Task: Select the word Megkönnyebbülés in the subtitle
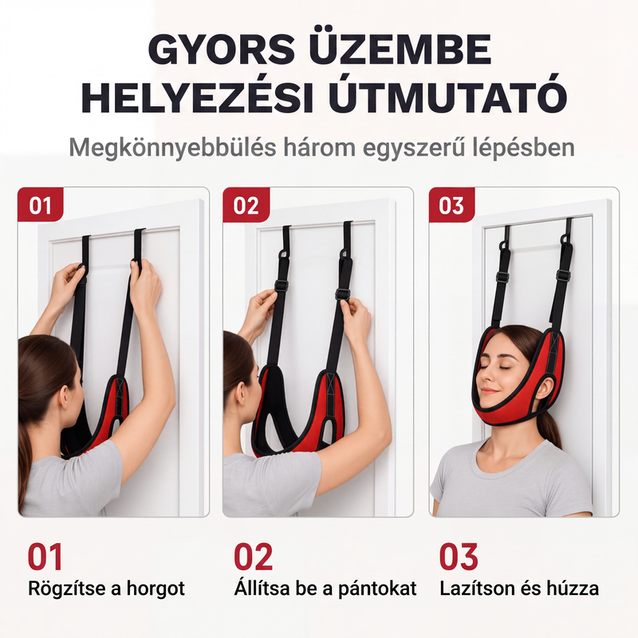pos(173,148)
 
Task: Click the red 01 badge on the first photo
pos(41,205)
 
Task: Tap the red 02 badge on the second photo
pos(246,205)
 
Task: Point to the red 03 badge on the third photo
pos(451,205)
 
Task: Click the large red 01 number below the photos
pos(45,557)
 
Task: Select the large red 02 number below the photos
pos(253,557)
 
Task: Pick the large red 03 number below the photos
pos(459,557)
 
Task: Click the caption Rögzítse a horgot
pos(106,589)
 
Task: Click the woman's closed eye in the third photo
pos(506,367)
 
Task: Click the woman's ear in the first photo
pos(64,397)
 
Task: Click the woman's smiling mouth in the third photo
pos(490,392)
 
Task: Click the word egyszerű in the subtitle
pos(414,148)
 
